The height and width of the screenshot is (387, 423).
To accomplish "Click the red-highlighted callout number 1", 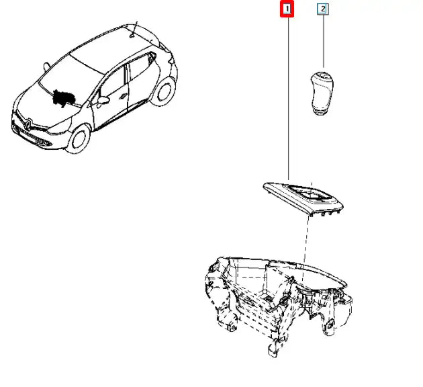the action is [x=287, y=9].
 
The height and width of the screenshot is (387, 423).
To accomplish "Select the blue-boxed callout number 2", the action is [x=323, y=9].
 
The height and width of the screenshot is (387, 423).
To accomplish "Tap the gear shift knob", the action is [x=322, y=93].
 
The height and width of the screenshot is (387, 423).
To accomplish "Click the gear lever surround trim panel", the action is [x=303, y=199].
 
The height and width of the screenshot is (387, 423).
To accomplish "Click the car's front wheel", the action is [x=79, y=140].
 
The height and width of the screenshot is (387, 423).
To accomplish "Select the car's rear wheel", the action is [x=163, y=91].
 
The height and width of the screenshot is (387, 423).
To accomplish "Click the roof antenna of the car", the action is [x=134, y=29].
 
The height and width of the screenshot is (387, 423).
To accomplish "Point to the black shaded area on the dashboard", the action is [x=62, y=97].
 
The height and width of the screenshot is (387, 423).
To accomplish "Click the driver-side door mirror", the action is [x=103, y=100].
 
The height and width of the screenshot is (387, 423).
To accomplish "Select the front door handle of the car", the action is [x=124, y=96].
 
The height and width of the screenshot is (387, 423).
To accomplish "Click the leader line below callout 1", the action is [x=289, y=98].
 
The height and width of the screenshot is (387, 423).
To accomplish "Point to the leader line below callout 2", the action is [x=323, y=41].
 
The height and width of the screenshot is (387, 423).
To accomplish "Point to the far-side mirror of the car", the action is [x=46, y=66].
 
